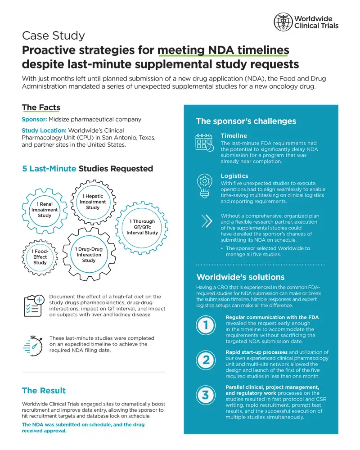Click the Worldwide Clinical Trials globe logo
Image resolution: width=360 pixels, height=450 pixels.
(283, 22)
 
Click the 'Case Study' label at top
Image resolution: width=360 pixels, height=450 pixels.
(54, 36)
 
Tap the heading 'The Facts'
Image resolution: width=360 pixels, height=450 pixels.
(41, 108)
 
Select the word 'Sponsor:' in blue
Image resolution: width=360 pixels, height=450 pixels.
(35, 119)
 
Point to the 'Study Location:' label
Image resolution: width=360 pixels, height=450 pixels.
(44, 130)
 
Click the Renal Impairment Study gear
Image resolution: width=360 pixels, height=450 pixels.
(45, 211)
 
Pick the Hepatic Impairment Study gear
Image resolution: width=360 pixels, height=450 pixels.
(93, 202)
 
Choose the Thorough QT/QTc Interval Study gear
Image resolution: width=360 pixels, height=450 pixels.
(142, 227)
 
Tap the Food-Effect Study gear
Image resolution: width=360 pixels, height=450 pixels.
(40, 257)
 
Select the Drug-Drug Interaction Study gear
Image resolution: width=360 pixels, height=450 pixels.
(89, 254)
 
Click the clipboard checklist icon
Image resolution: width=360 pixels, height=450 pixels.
(34, 306)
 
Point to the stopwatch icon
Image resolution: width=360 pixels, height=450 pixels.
(33, 346)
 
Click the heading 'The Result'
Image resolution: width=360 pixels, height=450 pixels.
(44, 391)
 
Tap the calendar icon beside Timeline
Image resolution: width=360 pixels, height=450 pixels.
(204, 142)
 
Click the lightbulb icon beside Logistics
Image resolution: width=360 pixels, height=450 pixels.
(204, 186)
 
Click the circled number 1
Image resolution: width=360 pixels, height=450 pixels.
(206, 325)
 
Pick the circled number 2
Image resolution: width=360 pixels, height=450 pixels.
(206, 360)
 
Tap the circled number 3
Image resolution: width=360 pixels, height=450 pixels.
(206, 395)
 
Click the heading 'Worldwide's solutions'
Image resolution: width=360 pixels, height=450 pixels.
(241, 277)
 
